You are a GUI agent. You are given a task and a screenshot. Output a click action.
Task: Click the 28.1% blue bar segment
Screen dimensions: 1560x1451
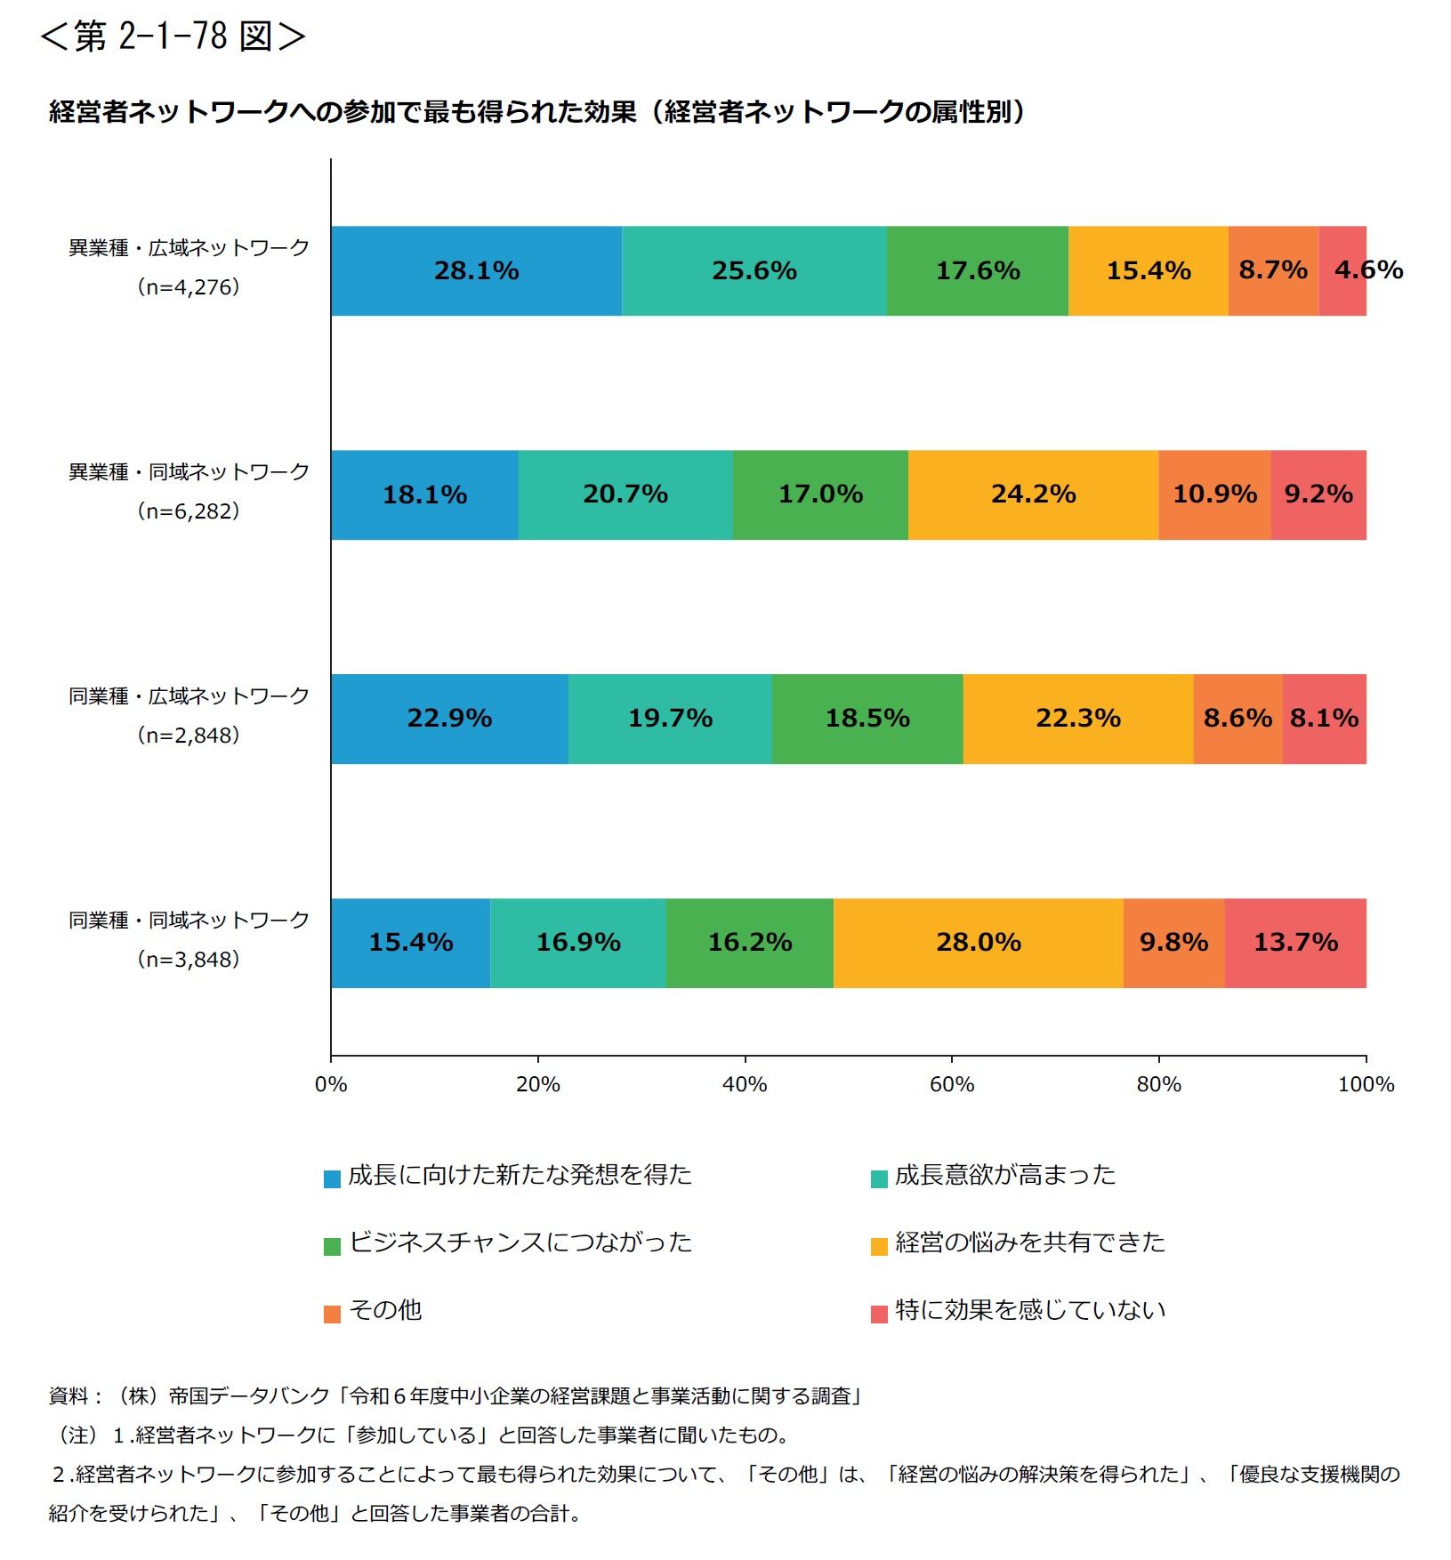[x=476, y=270]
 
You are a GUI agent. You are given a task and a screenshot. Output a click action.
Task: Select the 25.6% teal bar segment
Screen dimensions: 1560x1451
[x=754, y=270]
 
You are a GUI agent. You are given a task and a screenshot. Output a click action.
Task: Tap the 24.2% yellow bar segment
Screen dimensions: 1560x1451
[x=1033, y=495]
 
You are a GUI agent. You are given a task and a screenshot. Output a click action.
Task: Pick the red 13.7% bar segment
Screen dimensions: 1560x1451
[x=1295, y=943]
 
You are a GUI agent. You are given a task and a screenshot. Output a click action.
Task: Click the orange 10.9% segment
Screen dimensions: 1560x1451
[x=1214, y=495]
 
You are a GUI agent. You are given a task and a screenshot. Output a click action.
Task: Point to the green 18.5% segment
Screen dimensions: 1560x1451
[x=867, y=719]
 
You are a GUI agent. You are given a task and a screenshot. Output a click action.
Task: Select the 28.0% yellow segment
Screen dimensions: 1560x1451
[x=978, y=943]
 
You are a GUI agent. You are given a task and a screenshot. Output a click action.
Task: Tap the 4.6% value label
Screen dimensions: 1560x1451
[x=1368, y=269]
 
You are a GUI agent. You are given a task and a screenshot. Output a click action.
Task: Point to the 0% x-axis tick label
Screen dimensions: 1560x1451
[x=331, y=1084]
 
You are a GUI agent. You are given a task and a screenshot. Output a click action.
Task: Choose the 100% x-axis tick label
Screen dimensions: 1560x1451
[x=1366, y=1084]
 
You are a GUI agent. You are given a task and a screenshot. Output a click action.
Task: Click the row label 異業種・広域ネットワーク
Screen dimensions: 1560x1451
[x=189, y=248]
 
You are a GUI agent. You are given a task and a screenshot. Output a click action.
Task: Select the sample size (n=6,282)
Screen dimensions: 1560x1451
[x=189, y=511]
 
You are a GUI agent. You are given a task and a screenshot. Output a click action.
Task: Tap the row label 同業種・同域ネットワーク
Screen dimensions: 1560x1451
[x=189, y=921]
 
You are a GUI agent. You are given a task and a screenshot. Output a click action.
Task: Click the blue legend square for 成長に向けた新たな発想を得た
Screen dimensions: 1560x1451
[x=332, y=1179]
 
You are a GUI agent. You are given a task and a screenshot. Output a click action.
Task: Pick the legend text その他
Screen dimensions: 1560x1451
[x=385, y=1310]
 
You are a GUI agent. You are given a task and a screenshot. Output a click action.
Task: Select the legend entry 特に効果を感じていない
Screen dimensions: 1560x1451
[x=1029, y=1310]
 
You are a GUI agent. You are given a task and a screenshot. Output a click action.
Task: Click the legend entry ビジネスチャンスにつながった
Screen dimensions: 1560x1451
[x=520, y=1242]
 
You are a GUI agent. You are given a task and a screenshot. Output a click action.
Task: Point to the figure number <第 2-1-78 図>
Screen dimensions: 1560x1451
[x=173, y=36]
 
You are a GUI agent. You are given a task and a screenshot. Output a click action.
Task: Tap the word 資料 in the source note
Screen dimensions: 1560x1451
[x=69, y=1396]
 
